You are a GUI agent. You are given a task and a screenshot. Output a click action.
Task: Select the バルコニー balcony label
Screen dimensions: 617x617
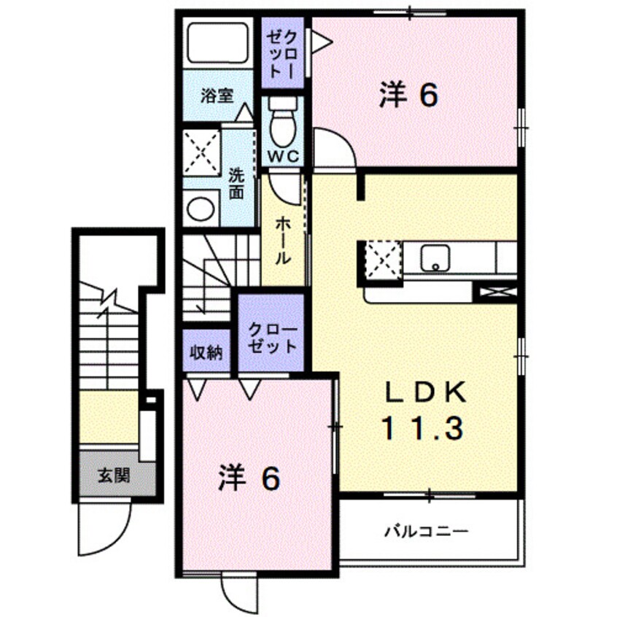pos(426,532)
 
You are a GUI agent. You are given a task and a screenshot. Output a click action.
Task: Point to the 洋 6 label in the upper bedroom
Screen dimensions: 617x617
pos(408,96)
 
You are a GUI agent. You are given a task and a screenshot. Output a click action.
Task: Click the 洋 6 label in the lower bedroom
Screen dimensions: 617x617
pos(248,479)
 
